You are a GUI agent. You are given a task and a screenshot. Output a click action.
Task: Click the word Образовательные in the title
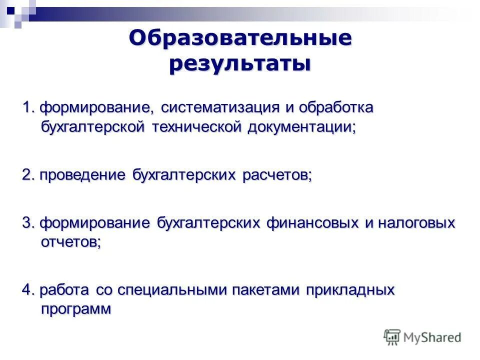(x=240, y=39)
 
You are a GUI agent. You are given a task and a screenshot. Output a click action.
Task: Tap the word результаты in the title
(x=240, y=64)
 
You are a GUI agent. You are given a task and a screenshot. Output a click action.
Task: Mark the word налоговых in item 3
(x=416, y=222)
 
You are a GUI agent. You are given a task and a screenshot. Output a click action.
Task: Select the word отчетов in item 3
(x=69, y=241)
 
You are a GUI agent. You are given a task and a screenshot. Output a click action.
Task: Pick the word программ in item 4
(x=75, y=309)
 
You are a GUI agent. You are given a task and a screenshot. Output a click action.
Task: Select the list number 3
(x=27, y=222)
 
